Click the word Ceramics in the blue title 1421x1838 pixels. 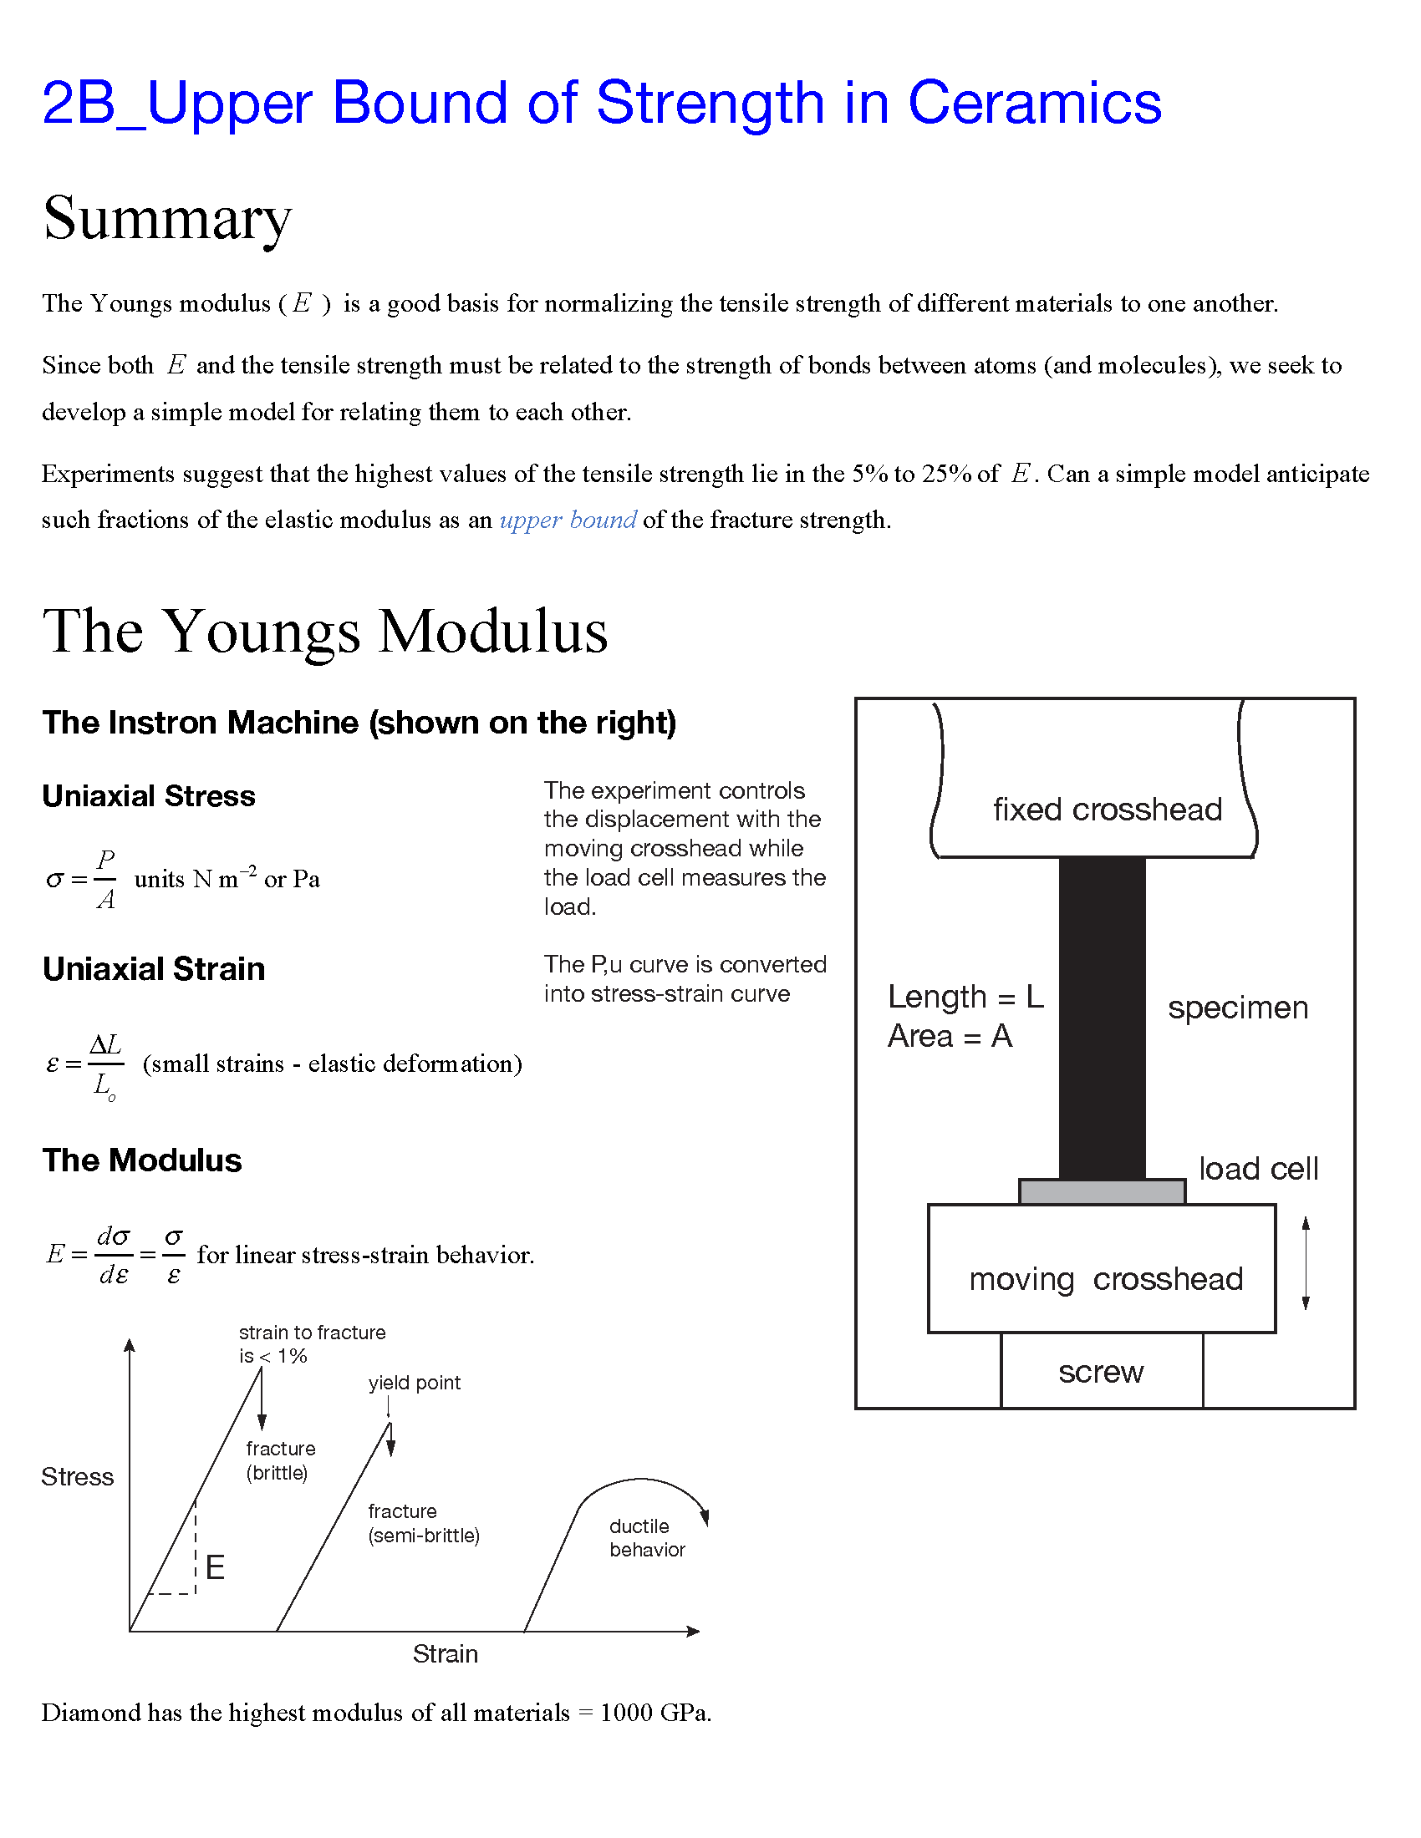tap(1034, 104)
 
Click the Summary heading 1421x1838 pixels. tap(166, 219)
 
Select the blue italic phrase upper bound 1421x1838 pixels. tap(568, 520)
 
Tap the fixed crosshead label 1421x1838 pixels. tap(1106, 810)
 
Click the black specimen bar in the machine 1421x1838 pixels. tap(1101, 1018)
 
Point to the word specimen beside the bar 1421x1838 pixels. tap(1237, 1008)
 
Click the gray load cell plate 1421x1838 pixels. tap(1101, 1191)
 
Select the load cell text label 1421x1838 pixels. tap(1258, 1169)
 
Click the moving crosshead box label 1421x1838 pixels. tap(1105, 1279)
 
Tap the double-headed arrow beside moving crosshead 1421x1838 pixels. tap(1306, 1263)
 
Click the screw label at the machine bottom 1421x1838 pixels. tap(1100, 1372)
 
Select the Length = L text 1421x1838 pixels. tap(965, 998)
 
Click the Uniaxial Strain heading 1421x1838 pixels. tap(153, 968)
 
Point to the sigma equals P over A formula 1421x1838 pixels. tap(82, 880)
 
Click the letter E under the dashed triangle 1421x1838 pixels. tap(215, 1567)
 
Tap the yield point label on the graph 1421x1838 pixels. tap(414, 1383)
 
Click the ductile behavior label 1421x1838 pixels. tap(646, 1537)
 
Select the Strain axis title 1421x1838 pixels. tap(445, 1653)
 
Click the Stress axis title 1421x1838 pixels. tap(78, 1476)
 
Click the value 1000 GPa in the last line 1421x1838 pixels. tap(654, 1713)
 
